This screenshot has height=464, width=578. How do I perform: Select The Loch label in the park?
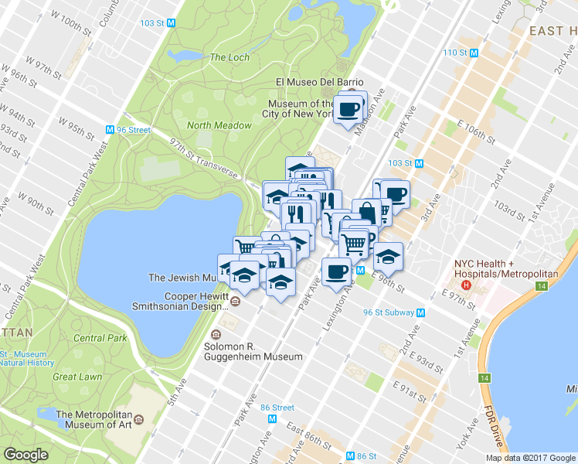229,57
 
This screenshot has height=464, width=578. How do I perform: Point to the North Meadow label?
219,125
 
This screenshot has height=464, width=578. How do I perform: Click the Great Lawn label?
77,377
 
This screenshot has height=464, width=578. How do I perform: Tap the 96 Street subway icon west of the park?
110,130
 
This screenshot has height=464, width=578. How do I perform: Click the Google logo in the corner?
26,455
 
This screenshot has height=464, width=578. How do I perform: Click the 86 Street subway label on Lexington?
277,408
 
